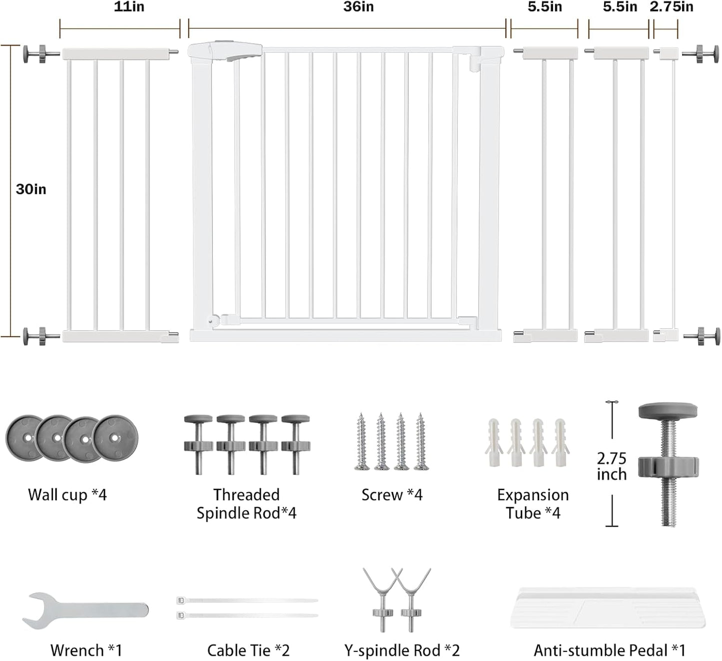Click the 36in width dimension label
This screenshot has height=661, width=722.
tap(358, 7)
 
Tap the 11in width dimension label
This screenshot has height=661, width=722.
tap(129, 7)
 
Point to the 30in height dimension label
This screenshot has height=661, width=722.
tap(31, 189)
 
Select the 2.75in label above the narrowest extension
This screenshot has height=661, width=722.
tap(671, 7)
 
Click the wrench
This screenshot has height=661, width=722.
tap(85, 611)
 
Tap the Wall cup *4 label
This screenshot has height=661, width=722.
tap(67, 495)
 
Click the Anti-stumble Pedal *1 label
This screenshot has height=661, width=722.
tap(610, 650)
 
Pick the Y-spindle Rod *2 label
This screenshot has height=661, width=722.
tap(402, 650)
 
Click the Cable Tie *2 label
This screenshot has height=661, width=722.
tap(248, 650)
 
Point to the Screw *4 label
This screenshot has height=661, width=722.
tap(392, 495)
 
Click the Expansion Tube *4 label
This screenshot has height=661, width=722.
tap(533, 504)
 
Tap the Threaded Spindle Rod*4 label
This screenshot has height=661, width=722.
tap(246, 504)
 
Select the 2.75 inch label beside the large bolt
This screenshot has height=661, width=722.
tap(612, 466)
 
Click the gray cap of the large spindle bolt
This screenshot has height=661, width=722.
tap(668, 411)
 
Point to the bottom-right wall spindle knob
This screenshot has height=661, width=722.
tap(702, 336)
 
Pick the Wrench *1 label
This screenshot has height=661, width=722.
tap(86, 650)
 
